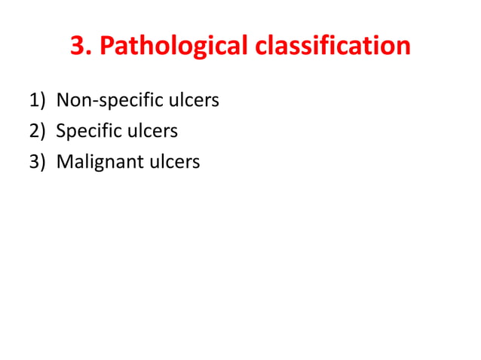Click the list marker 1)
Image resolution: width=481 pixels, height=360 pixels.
click(38, 100)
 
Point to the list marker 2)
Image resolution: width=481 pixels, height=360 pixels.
click(38, 132)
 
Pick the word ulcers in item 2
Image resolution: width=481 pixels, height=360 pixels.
click(153, 132)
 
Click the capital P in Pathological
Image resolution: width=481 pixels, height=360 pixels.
click(107, 47)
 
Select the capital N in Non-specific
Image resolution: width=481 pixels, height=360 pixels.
click(63, 100)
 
